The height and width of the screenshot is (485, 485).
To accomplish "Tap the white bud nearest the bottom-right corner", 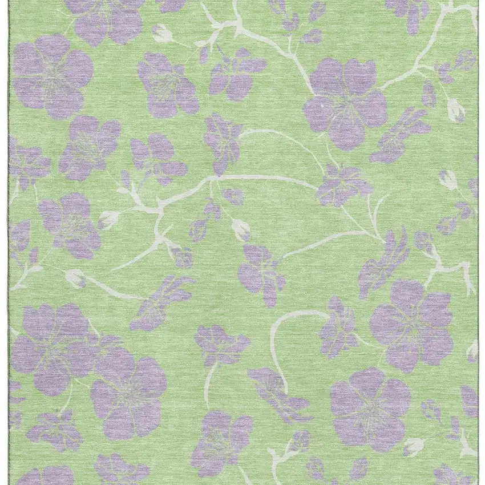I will [x=413, y=446].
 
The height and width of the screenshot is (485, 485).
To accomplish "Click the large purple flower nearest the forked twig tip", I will [x=411, y=325].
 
